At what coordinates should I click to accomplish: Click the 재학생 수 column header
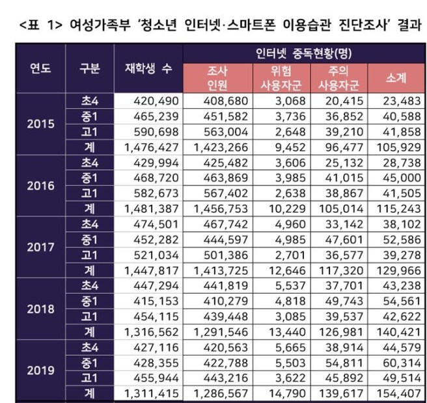(x=148, y=68)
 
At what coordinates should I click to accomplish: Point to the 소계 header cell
(x=396, y=78)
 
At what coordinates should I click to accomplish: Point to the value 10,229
(x=281, y=208)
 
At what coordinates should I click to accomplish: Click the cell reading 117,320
(x=340, y=270)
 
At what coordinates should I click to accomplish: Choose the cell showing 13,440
(x=281, y=331)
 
